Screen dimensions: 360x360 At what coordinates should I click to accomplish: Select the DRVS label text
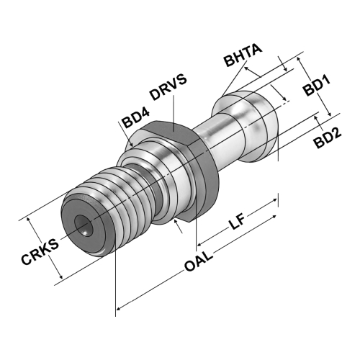click(x=168, y=87)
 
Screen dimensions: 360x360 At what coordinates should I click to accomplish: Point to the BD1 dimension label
click(x=316, y=86)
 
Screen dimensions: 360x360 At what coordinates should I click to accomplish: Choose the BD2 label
click(x=328, y=138)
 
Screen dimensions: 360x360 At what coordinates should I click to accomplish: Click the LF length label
click(x=236, y=221)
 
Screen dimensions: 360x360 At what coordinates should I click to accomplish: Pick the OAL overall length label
click(x=199, y=261)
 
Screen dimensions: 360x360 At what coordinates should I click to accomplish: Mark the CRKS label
click(x=40, y=251)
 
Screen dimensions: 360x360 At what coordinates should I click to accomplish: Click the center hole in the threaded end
click(x=84, y=225)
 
